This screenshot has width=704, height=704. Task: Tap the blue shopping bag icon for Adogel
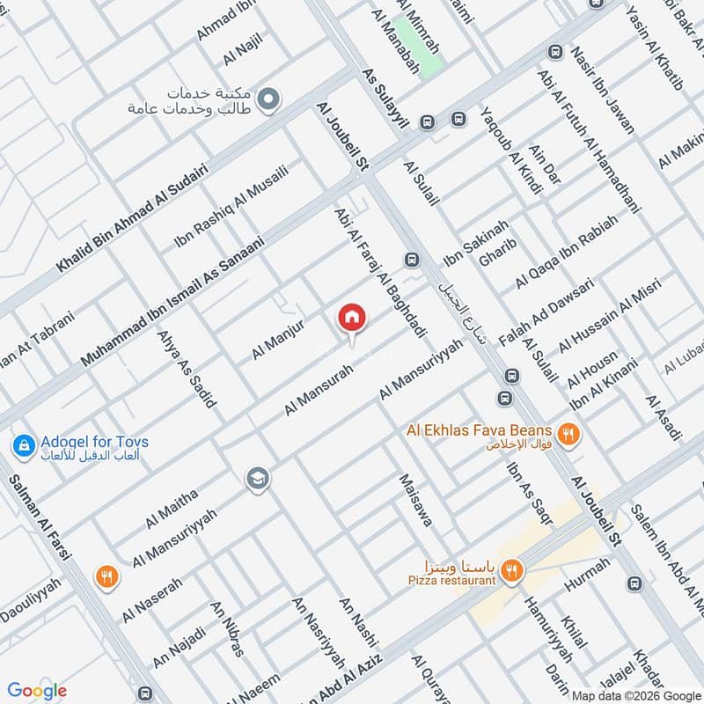click(x=24, y=446)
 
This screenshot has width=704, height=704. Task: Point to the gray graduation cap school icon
click(x=259, y=478)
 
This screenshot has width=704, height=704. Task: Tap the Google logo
click(x=37, y=691)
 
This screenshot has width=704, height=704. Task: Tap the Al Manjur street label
click(x=277, y=339)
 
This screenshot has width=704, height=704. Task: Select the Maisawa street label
click(x=415, y=501)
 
